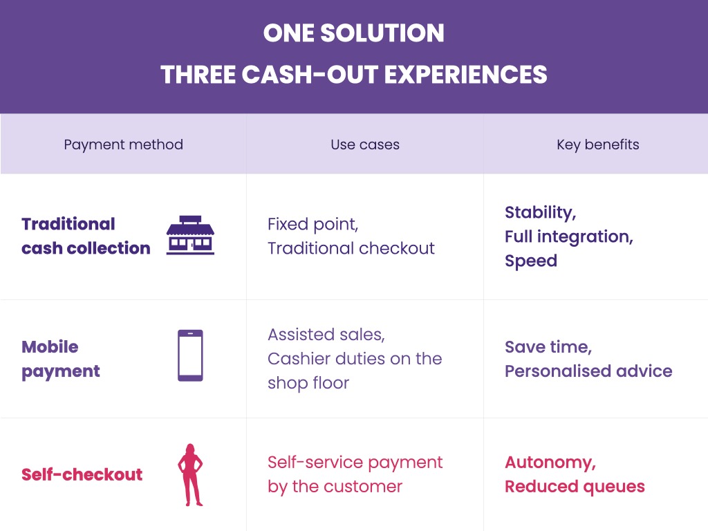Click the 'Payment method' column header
pyautogui.click(x=123, y=145)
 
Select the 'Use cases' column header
pyautogui.click(x=365, y=145)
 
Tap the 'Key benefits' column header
pyautogui.click(x=598, y=145)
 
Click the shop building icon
pyautogui.click(x=190, y=235)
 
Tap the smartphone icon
pyautogui.click(x=190, y=355)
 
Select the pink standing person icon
pyautogui.click(x=190, y=474)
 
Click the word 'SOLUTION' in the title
pyautogui.click(x=382, y=33)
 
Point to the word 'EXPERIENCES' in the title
pyautogui.click(x=465, y=75)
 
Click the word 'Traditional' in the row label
pyautogui.click(x=68, y=224)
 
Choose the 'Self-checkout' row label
pyautogui.click(x=82, y=474)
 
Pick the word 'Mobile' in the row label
pyautogui.click(x=50, y=347)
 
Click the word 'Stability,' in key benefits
pyautogui.click(x=541, y=213)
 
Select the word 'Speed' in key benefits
pyautogui.click(x=531, y=261)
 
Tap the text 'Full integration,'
pyautogui.click(x=569, y=237)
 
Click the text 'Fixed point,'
pyautogui.click(x=313, y=225)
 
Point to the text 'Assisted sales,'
pyautogui.click(x=326, y=335)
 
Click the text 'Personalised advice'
pyautogui.click(x=588, y=371)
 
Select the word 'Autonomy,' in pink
pyautogui.click(x=550, y=463)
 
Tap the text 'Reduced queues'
pyautogui.click(x=575, y=487)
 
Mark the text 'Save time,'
pyautogui.click(x=548, y=347)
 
